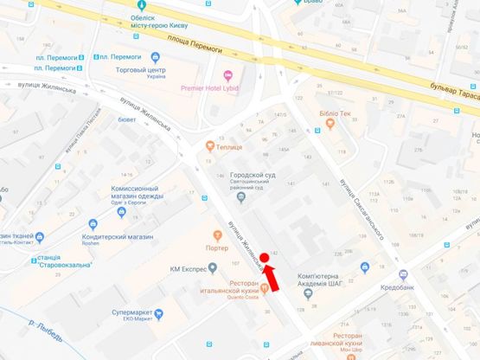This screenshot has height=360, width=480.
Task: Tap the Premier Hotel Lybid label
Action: click(208, 88)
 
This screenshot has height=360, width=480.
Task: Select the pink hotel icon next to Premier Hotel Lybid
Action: click(228, 75)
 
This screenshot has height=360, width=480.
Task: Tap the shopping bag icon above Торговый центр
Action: click(156, 57)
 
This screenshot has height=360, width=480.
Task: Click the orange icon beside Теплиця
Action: click(210, 145)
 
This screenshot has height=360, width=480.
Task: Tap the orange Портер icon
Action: click(217, 235)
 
